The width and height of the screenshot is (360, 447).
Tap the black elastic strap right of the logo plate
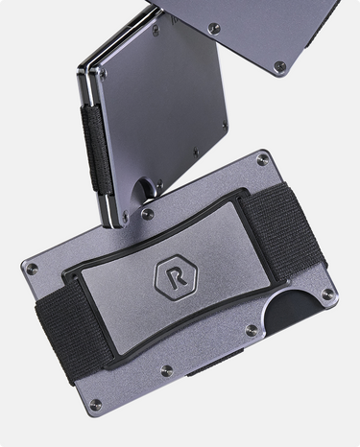click(282, 230)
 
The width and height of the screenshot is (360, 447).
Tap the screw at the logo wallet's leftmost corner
click(32, 270)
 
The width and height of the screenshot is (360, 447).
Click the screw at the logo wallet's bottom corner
click(95, 405)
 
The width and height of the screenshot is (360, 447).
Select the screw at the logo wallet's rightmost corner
click(326, 294)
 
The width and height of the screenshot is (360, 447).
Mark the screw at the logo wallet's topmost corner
click(263, 159)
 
